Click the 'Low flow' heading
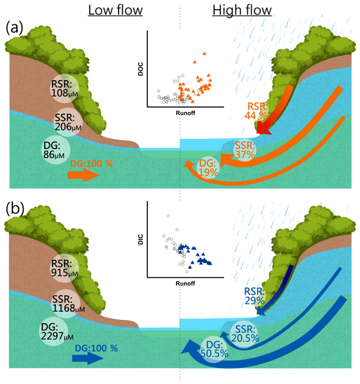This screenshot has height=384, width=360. click(115, 10)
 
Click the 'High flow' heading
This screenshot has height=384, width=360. click(242, 10)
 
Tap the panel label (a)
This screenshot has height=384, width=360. click(14, 28)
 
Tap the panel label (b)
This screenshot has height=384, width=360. click(15, 209)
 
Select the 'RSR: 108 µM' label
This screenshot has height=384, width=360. click(65, 88)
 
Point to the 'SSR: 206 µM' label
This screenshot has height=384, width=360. click(68, 122)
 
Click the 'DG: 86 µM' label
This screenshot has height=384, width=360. click(54, 150)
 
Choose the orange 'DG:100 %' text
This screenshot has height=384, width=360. click(92, 164)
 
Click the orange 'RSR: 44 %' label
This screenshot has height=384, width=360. click(256, 111)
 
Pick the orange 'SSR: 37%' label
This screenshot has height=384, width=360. click(245, 150)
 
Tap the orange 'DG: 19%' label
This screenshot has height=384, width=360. click(208, 168)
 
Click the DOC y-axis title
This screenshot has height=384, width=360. click(140, 69)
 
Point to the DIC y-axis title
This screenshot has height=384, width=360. click(140, 239)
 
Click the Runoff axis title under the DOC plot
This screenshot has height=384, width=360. click(185, 113)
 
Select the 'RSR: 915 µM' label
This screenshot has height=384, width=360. click(65, 268)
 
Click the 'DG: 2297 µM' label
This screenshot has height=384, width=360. click(57, 332)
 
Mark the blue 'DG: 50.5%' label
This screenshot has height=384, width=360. click(214, 349)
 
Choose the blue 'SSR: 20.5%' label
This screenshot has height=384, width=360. click(245, 333)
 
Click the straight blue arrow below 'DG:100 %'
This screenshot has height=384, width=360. click(88, 358)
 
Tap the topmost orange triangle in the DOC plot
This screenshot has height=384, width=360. click(204, 53)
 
